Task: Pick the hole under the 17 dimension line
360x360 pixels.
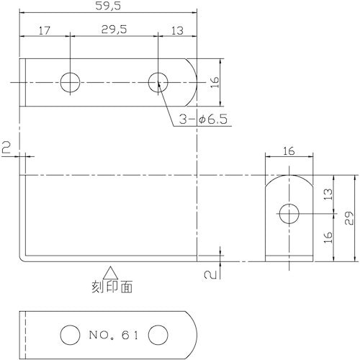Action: coord(70,82)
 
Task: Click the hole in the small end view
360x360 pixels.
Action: coord(289,212)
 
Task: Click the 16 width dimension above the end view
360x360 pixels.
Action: coord(289,151)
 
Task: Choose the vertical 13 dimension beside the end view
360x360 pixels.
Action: coord(328,194)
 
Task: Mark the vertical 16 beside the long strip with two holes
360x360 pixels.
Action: coord(214,82)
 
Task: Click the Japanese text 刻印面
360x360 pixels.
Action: coord(112,287)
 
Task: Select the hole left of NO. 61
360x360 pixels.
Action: coord(69,335)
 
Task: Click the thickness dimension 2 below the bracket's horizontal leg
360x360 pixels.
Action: coord(207,274)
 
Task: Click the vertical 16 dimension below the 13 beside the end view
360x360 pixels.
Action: coord(328,237)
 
